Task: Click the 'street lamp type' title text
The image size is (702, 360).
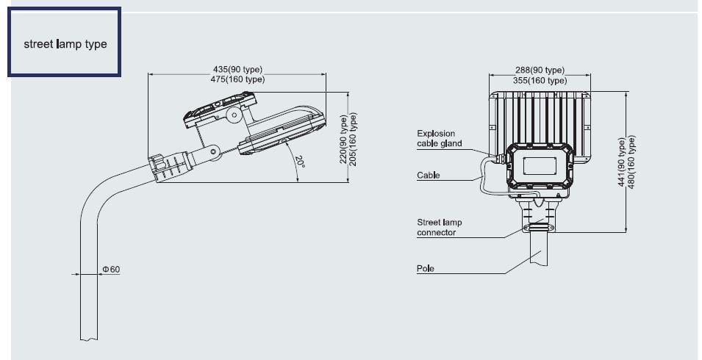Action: [65, 44]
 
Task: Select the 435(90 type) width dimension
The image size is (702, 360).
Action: [237, 70]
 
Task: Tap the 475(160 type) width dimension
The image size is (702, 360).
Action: [237, 79]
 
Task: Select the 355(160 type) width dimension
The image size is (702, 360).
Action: [540, 80]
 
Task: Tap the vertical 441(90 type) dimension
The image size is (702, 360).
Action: [621, 162]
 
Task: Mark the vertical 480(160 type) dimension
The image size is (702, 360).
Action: [631, 162]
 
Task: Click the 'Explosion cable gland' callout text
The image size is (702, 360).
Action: [440, 138]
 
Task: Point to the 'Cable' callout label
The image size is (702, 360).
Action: [429, 176]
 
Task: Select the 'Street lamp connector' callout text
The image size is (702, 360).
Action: [440, 227]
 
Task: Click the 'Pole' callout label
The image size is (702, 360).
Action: [426, 268]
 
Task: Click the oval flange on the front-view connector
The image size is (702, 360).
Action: [540, 228]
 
